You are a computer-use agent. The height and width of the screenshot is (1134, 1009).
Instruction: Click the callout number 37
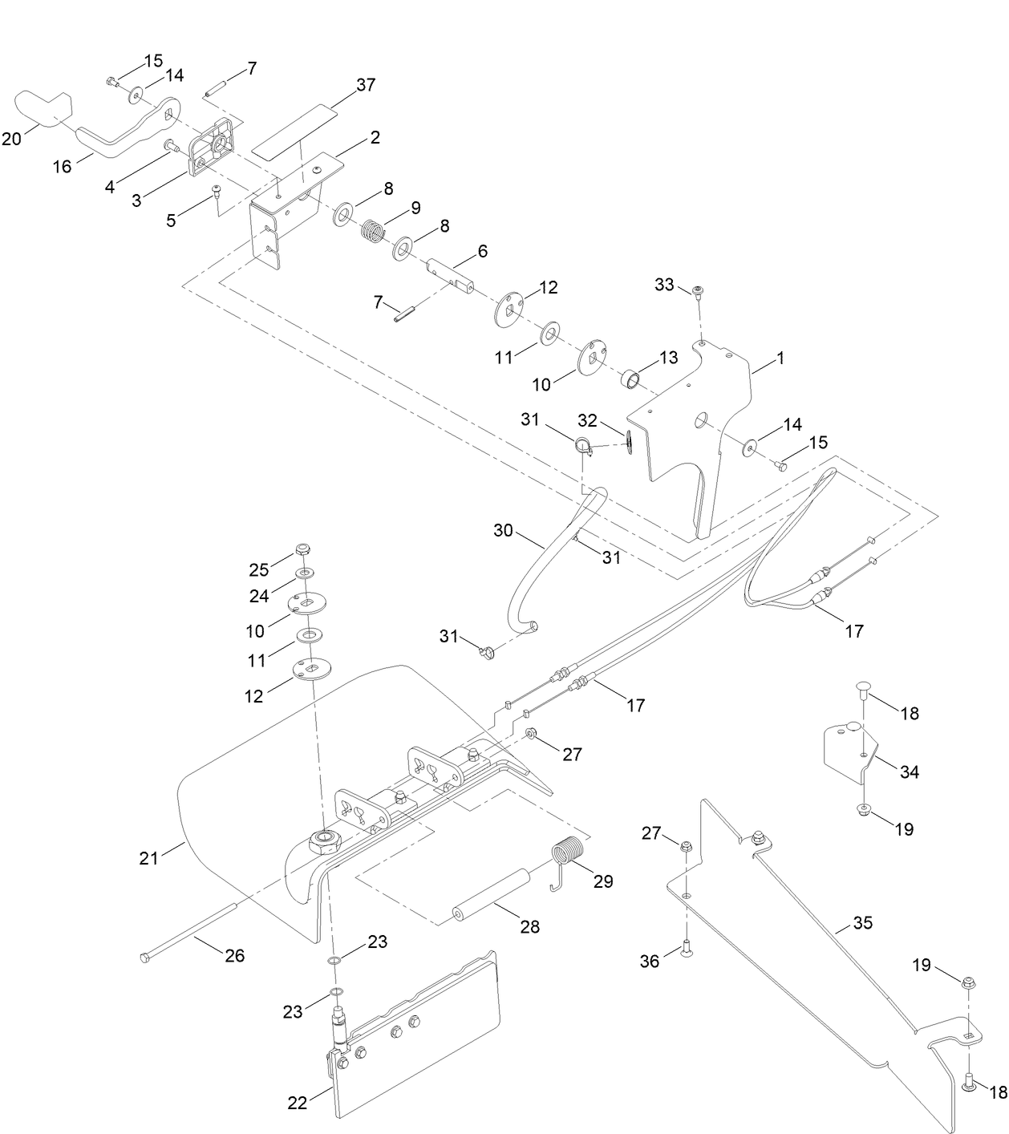365,84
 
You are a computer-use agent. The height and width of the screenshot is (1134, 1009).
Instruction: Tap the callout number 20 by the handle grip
12,139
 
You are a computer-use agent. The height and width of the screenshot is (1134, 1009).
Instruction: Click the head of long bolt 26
144,958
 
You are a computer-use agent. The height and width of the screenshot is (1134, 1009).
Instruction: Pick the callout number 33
664,284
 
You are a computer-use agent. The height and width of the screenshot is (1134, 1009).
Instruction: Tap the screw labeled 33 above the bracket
699,290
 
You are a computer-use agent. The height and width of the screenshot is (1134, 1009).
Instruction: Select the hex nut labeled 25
303,550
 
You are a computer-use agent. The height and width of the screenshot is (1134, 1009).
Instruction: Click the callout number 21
149,858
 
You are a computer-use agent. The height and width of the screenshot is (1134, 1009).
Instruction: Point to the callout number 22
298,1104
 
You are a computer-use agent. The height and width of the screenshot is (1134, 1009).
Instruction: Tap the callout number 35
862,923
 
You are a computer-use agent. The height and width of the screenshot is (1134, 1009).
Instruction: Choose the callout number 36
650,959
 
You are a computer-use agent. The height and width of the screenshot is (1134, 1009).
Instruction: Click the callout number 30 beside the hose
503,530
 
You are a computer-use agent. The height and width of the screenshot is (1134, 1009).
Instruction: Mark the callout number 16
62,166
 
